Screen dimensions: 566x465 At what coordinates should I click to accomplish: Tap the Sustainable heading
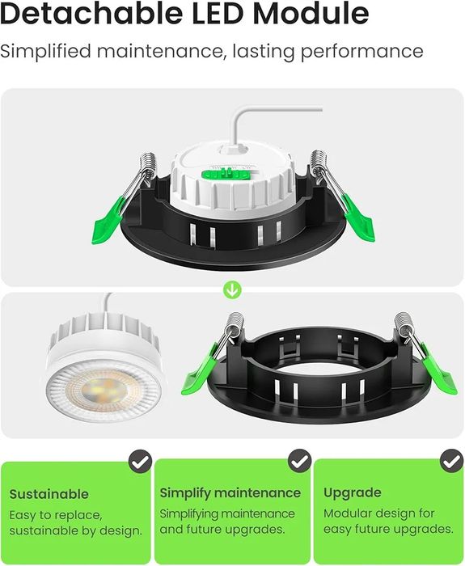tap(49, 493)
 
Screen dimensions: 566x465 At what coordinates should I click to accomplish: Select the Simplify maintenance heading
tap(230, 493)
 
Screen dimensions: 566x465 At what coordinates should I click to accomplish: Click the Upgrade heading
tap(353, 493)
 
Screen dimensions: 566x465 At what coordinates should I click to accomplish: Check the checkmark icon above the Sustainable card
tap(140, 462)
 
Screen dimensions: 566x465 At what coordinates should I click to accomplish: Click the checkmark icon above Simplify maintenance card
tap(300, 462)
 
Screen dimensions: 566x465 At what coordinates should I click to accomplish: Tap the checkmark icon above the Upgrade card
tap(450, 462)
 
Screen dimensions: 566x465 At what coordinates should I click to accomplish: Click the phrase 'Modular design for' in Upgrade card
tap(379, 513)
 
